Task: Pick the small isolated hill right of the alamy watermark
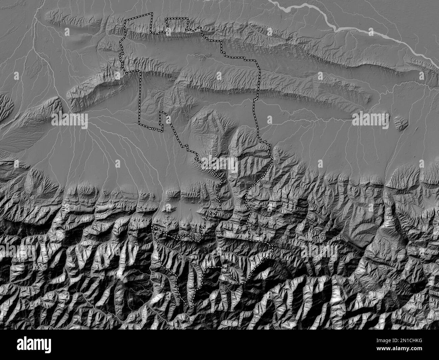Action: pyautogui.click(x=401, y=123)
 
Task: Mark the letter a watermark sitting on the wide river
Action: pyautogui.click(x=371, y=31)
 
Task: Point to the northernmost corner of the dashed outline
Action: pyautogui.click(x=151, y=13)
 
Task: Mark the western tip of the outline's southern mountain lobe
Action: pyautogui.click(x=152, y=227)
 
